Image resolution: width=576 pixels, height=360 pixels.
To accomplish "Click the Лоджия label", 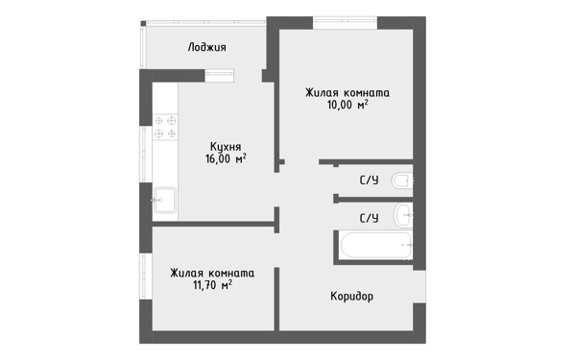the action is coord(206,47).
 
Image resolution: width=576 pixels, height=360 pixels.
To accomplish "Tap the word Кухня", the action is coord(226,147).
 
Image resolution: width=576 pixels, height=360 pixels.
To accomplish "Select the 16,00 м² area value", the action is coord(226,159).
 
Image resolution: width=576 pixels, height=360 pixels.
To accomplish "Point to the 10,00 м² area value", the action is coord(348,105).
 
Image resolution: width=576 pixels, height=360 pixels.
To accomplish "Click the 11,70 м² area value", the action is coord(212,285).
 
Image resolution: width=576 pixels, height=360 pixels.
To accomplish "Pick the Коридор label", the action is coord(352,296).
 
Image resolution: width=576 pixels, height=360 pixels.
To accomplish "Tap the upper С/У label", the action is coord(369,180).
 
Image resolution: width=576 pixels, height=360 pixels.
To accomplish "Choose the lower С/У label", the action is coord(369,218).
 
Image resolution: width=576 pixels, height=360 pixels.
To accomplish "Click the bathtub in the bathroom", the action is coord(376,245).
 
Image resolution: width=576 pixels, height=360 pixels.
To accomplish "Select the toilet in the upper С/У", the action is coord(401,180).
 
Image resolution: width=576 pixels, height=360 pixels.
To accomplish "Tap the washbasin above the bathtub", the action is coord(403,215).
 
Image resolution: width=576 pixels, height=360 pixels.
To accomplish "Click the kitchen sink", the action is coord(164,201).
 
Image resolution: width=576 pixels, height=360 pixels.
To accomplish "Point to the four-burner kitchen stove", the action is coord(165,127).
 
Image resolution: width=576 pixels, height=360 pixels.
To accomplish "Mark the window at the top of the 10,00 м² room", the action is coord(345,23).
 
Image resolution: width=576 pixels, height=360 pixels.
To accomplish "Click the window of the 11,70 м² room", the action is coord(146,276).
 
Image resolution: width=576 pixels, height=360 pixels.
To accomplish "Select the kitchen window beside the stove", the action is coord(146,155).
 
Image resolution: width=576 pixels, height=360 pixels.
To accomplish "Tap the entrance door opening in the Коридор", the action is coord(420,287).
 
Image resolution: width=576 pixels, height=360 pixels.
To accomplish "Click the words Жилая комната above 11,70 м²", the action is coord(212,274).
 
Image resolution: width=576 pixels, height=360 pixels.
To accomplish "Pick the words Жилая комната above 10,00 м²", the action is coord(348,93).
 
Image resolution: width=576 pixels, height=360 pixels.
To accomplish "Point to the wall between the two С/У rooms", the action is coord(373,200).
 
